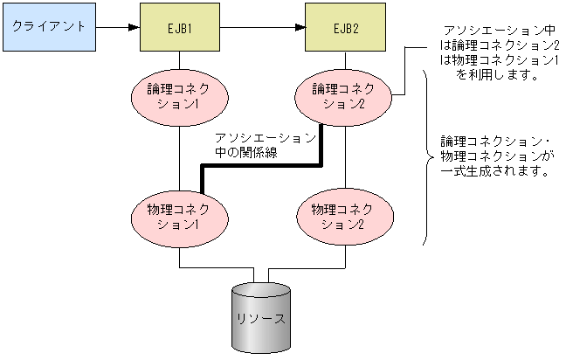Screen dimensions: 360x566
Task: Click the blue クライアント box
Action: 48,26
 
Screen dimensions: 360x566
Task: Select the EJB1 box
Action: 179,27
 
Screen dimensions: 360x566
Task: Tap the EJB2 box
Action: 345,27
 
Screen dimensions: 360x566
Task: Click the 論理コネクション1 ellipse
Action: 179,95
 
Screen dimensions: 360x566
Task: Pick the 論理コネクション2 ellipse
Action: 345,95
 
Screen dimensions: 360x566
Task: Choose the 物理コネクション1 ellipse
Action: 179,216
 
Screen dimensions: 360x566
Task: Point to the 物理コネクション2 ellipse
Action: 345,216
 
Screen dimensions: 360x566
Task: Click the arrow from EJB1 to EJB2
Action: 262,27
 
